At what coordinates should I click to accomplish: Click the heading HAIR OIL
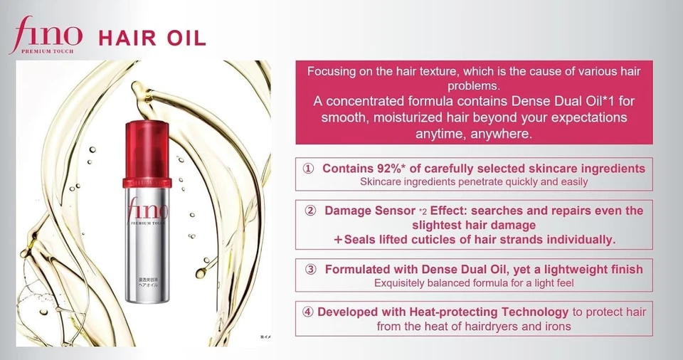click(152, 38)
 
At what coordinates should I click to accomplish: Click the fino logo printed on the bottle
click(147, 210)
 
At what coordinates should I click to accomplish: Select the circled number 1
click(309, 169)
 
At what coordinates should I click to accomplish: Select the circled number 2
click(310, 211)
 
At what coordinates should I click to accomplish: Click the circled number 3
click(310, 270)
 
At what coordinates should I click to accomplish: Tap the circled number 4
click(308, 312)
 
